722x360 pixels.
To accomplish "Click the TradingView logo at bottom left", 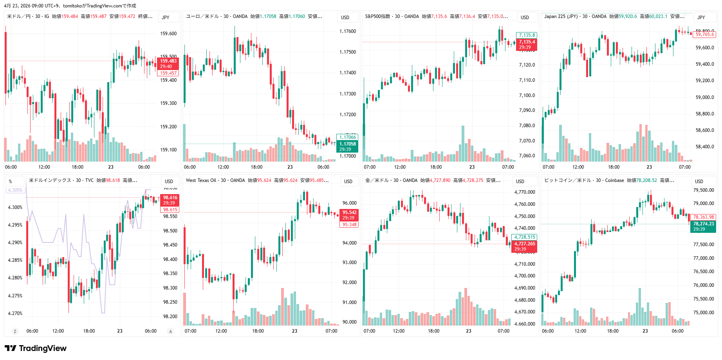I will coord(36,348).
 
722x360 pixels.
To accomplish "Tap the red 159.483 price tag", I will coord(168,61).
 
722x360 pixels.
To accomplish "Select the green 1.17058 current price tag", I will coord(347,144).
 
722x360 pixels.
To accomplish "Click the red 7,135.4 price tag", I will coord(527,42).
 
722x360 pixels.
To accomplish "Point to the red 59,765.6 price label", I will coord(705,34).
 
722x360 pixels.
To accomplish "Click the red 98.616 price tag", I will coord(170,198).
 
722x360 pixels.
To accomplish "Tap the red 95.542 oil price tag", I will coord(349,212).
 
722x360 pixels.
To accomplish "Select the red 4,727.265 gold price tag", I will coord(524,244).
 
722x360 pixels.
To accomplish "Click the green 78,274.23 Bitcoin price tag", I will coord(703,224).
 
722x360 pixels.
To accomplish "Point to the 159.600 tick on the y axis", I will coord(168,34).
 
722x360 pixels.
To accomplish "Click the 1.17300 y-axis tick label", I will coord(348,94).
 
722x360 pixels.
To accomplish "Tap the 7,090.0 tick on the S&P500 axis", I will coord(527,110).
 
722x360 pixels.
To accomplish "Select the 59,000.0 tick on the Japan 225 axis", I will coord(705,97).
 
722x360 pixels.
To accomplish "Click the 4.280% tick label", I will coord(15,278).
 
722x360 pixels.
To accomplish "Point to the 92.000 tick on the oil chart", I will coord(349,283).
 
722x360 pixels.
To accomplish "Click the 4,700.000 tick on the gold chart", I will coord(524,276).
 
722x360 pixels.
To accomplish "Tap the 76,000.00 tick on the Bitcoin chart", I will coord(703,285).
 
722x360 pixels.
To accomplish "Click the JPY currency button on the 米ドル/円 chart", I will coord(166,17).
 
